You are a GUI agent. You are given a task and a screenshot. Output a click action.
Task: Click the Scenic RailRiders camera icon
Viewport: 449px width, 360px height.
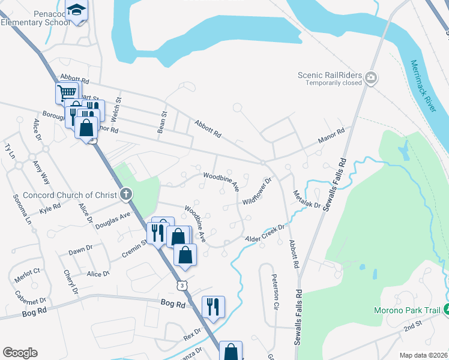point(372,77)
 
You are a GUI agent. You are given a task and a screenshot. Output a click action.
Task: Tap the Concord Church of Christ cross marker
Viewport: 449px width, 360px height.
point(125,194)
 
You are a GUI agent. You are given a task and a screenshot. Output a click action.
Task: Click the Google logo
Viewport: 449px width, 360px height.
point(20,353)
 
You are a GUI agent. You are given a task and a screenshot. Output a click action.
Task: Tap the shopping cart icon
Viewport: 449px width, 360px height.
point(67,93)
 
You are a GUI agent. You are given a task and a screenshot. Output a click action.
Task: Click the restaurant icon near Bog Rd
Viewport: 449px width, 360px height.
point(213,306)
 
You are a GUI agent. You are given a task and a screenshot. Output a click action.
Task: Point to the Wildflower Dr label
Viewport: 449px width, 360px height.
point(258,190)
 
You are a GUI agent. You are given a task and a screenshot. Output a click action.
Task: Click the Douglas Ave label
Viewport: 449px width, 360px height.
point(117,217)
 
